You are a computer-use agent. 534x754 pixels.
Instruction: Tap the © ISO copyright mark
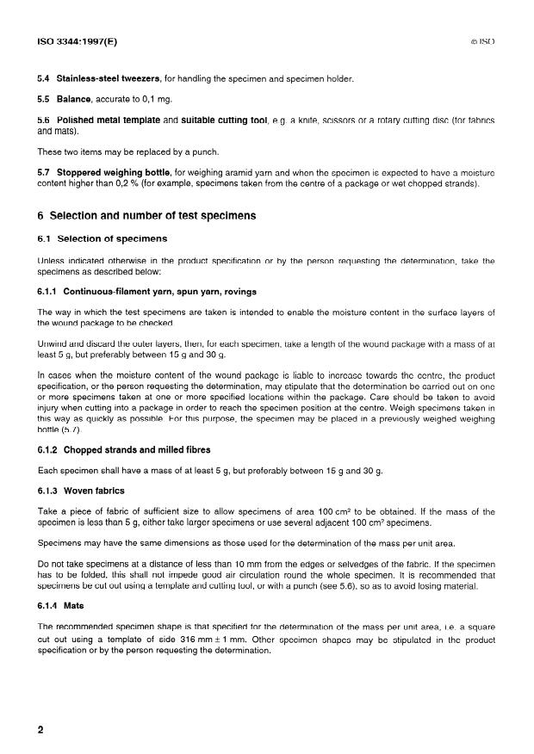click(484, 40)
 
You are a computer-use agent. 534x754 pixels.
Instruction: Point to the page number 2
click(40, 730)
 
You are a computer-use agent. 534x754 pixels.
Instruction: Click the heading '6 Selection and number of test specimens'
click(152, 214)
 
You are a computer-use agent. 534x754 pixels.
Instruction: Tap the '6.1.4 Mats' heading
click(67, 606)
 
